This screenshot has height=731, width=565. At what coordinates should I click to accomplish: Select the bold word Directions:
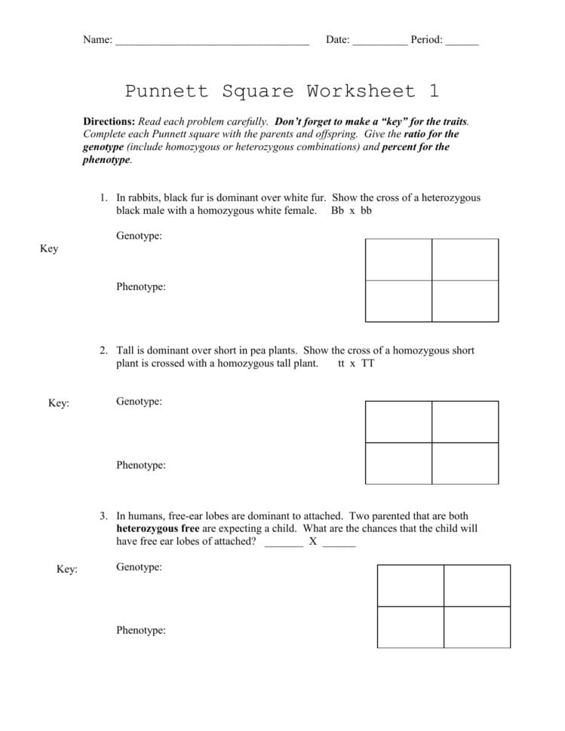click(x=109, y=121)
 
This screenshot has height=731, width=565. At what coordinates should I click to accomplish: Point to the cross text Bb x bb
click(x=351, y=211)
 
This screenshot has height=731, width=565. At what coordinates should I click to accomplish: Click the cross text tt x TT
click(x=356, y=363)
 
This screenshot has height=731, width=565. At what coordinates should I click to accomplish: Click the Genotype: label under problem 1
click(x=139, y=237)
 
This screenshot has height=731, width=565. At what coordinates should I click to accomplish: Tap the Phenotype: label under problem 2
click(x=140, y=465)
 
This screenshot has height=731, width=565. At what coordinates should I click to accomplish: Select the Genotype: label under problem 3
click(x=139, y=567)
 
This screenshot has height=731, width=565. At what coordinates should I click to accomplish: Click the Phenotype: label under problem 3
click(x=140, y=630)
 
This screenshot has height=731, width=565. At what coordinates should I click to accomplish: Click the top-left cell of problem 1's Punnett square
click(x=398, y=259)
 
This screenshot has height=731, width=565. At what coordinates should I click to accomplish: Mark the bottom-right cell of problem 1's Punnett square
click(x=465, y=301)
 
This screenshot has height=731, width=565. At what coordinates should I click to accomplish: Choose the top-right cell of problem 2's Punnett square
click(x=465, y=422)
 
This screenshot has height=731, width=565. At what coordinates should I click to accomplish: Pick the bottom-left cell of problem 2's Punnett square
click(x=398, y=463)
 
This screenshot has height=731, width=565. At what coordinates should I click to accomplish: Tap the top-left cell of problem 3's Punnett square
click(x=410, y=586)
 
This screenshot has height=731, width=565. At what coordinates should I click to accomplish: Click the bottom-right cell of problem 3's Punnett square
click(x=477, y=627)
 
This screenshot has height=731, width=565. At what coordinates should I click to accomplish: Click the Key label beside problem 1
click(x=49, y=249)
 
